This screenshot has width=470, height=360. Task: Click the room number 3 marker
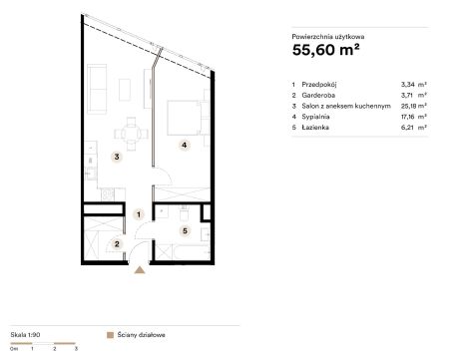(x=117, y=157)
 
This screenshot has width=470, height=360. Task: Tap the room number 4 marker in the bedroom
(x=184, y=145)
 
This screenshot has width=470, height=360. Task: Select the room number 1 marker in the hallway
(x=139, y=214)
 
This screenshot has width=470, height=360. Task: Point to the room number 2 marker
(x=117, y=244)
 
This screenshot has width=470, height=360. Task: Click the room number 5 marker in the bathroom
(x=185, y=230)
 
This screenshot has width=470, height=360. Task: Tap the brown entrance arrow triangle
(x=140, y=270)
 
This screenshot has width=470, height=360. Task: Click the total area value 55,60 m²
(x=325, y=50)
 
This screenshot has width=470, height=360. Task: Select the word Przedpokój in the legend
(x=319, y=85)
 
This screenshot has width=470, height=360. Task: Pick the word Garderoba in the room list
(x=318, y=96)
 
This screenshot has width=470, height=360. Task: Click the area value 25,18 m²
(x=414, y=106)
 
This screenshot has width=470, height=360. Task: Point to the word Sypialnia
(x=315, y=117)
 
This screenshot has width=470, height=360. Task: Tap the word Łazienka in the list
(x=315, y=128)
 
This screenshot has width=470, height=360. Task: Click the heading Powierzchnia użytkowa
(x=328, y=37)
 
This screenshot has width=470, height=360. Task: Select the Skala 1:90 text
(x=25, y=335)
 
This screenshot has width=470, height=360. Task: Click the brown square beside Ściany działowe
(x=110, y=335)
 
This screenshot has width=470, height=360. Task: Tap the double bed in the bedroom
(x=185, y=118)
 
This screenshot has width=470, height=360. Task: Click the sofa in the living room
(x=97, y=89)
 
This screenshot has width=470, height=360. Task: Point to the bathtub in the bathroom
(x=183, y=252)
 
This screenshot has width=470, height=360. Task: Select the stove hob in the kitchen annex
(x=108, y=194)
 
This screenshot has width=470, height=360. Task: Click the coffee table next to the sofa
(x=125, y=90)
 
